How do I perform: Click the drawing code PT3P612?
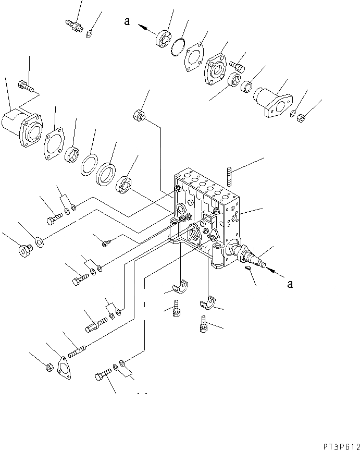[x=336, y=442]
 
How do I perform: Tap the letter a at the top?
[x=127, y=21]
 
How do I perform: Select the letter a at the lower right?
[x=290, y=284]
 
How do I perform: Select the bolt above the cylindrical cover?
[x=25, y=84]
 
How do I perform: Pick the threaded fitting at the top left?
[x=73, y=25]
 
